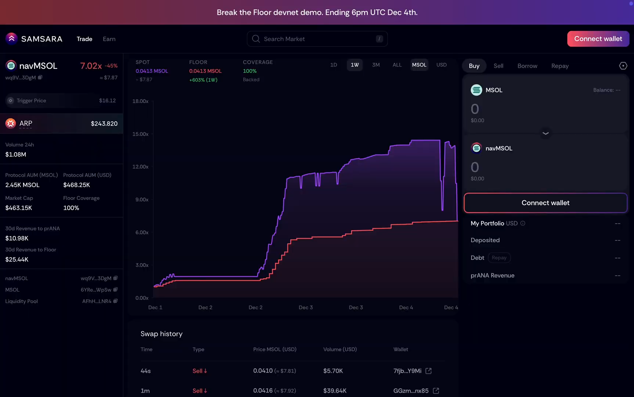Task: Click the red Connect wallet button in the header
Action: (x=598, y=39)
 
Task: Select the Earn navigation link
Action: (x=109, y=39)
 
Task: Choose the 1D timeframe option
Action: (x=334, y=65)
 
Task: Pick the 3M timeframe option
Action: (x=376, y=65)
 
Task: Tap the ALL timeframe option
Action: (x=397, y=65)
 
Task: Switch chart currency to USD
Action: (x=441, y=65)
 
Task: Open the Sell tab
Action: (x=498, y=66)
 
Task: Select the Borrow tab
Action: (x=527, y=66)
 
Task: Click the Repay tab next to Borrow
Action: (x=559, y=66)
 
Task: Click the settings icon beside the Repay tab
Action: (x=623, y=66)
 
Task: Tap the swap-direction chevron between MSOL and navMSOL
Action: (x=545, y=133)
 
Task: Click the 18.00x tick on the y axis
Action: (x=140, y=101)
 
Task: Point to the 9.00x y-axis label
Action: (x=142, y=200)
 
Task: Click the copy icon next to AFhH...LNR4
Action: (x=115, y=301)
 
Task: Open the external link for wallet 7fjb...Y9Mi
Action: (x=428, y=371)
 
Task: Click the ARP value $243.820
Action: (x=104, y=124)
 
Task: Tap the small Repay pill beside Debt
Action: (x=499, y=258)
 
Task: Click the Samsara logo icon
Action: (x=11, y=38)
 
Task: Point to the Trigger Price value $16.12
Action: (x=107, y=100)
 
